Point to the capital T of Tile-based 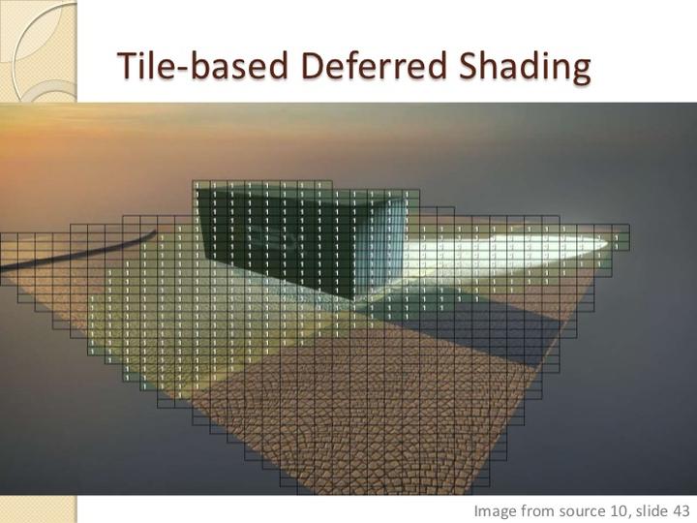click(x=127, y=66)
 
